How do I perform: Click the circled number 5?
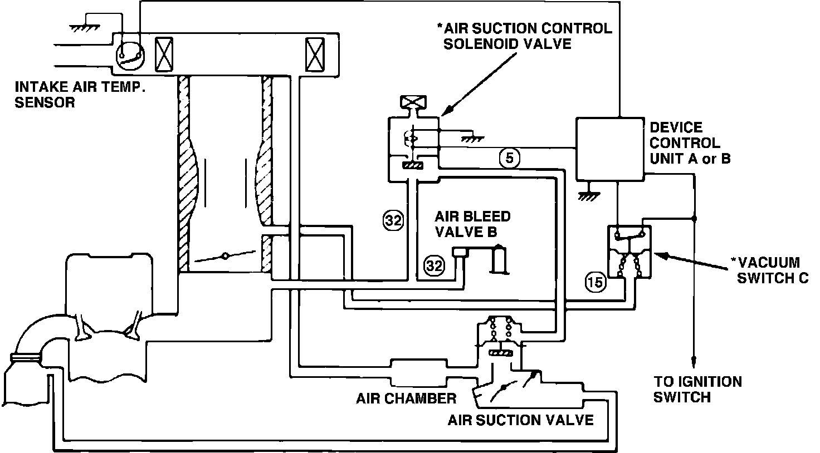tap(509, 159)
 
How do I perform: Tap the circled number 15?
tap(595, 283)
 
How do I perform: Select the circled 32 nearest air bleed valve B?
tap(434, 266)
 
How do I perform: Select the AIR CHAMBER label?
tap(406, 398)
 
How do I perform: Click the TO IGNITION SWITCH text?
tap(697, 389)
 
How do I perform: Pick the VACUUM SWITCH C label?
tap(772, 270)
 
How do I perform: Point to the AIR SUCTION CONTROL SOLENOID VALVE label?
tap(526, 36)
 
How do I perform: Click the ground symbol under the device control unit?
tap(585, 195)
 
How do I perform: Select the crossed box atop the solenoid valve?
tap(413, 102)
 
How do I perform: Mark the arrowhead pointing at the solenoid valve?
tap(445, 111)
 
